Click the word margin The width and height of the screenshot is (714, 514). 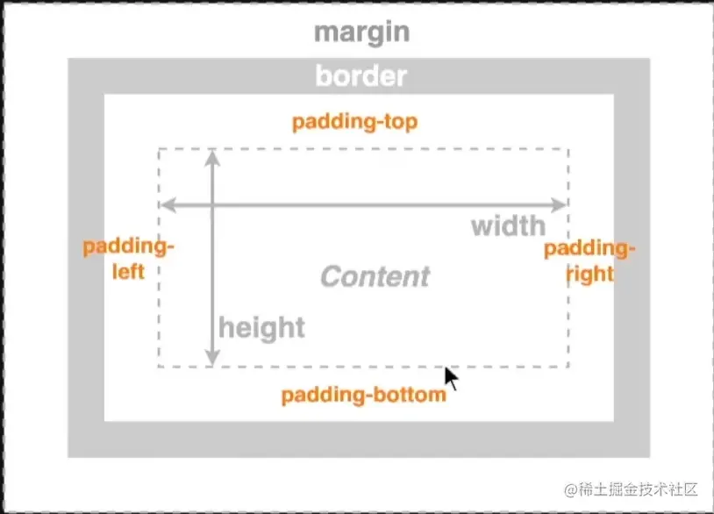pyautogui.click(x=361, y=32)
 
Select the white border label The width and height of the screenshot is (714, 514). pyautogui.click(x=361, y=76)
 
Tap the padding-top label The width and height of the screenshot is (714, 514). pyautogui.click(x=354, y=121)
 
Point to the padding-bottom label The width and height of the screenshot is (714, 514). pyautogui.click(x=363, y=395)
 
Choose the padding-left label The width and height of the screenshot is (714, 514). pyautogui.click(x=129, y=259)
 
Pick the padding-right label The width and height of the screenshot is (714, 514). pyautogui.click(x=589, y=261)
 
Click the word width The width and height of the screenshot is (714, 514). pyautogui.click(x=508, y=226)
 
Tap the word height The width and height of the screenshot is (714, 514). pyautogui.click(x=261, y=328)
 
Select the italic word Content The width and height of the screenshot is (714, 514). pyautogui.click(x=375, y=277)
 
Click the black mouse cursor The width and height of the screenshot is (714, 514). pyautogui.click(x=451, y=378)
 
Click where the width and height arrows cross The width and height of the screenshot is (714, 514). pyautogui.click(x=211, y=205)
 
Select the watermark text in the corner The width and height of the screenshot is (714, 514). pyautogui.click(x=631, y=489)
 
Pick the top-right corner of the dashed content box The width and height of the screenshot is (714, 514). pyautogui.click(x=568, y=149)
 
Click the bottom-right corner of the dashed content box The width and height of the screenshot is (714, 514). pyautogui.click(x=568, y=366)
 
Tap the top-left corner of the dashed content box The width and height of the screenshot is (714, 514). pyautogui.click(x=159, y=149)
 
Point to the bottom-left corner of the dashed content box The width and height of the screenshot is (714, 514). pyautogui.click(x=159, y=366)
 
